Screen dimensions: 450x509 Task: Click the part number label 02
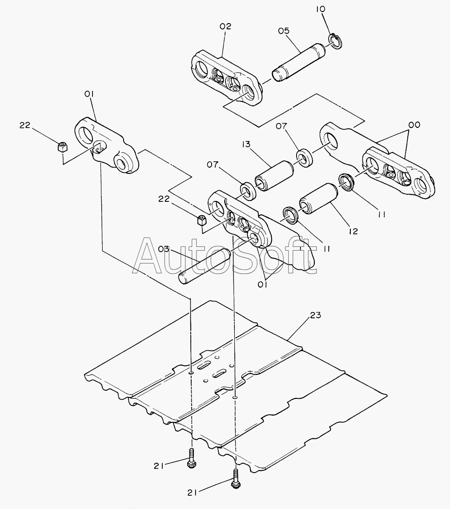pyautogui.click(x=225, y=26)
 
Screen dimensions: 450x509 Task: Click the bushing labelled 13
pyautogui.click(x=274, y=176)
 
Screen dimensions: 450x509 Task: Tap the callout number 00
pyautogui.click(x=414, y=124)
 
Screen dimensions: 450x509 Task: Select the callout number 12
pyautogui.click(x=353, y=231)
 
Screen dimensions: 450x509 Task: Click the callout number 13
pyautogui.click(x=246, y=144)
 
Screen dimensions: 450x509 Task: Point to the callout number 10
pyautogui.click(x=321, y=9)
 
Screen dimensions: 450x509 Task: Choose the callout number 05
pyautogui.click(x=283, y=31)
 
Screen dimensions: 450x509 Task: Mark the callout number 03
pyautogui.click(x=164, y=249)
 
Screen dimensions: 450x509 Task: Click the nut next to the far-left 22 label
pyautogui.click(x=62, y=147)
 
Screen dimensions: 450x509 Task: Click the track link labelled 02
pyautogui.click(x=227, y=78)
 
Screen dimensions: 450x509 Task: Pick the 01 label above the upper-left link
pyautogui.click(x=89, y=94)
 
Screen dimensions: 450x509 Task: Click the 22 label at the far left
pyautogui.click(x=24, y=125)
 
